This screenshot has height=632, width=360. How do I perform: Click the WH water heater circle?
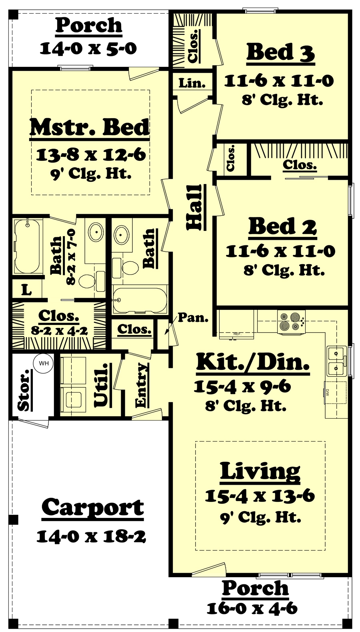pos(44,363)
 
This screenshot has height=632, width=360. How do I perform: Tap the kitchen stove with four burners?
pos(291,321)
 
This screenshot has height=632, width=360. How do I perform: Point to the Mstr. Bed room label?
pos(89,127)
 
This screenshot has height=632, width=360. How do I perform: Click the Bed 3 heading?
pos(280,52)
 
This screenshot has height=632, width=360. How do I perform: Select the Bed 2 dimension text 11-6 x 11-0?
pos(280,251)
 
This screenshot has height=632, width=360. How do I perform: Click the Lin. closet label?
pos(192,83)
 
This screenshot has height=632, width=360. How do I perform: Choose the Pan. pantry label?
pos(193,317)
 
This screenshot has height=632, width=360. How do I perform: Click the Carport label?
pos(93,508)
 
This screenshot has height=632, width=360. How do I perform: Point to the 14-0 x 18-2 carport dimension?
pos(91,536)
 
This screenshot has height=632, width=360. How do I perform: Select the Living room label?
pos(260,471)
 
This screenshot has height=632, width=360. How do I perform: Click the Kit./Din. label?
pos(253,362)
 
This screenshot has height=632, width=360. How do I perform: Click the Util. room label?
pos(101,385)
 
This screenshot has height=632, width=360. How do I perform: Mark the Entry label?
pos(141,385)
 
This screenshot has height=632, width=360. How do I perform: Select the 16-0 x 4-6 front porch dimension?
pos(252,608)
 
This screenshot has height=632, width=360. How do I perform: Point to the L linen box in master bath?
pos(26,289)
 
